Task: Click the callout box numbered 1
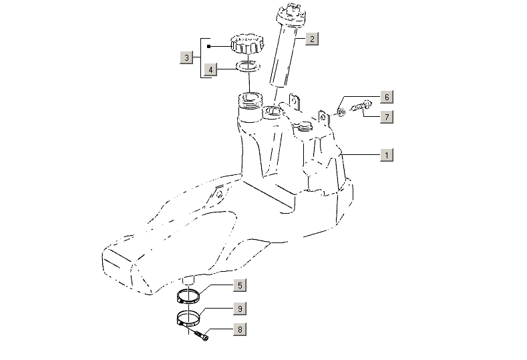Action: coord(386,155)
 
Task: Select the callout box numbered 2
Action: coord(311,39)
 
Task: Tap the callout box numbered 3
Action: coord(187,57)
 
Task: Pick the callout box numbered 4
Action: coord(210,69)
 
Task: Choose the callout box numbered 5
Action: coord(239,286)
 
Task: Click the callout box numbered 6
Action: coord(386,98)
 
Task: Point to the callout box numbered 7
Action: coord(386,117)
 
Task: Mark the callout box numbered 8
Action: coord(239,329)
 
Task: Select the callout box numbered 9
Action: coord(239,309)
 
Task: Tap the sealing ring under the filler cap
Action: coord(247,67)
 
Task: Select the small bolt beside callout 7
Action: coord(361,106)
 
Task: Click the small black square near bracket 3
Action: coord(209,47)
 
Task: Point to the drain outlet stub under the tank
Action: coord(190,279)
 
